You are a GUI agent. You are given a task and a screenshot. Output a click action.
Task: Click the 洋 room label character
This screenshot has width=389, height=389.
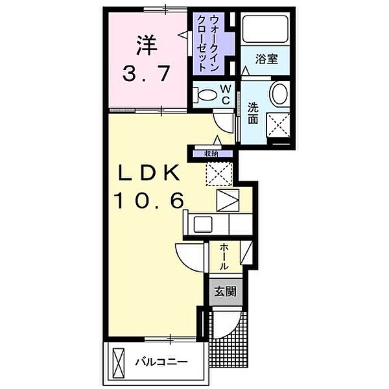tap(147, 45)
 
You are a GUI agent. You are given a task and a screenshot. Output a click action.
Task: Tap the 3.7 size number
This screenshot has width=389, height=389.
tap(147, 74)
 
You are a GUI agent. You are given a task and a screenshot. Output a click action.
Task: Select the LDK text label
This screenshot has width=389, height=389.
tap(149, 173)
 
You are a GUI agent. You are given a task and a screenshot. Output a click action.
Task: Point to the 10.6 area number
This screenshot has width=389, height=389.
tap(149, 200)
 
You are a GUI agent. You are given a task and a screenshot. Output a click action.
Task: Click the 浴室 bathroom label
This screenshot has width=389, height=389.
tap(266, 60)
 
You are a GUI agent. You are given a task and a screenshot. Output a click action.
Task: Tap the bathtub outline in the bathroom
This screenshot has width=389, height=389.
tap(265, 29)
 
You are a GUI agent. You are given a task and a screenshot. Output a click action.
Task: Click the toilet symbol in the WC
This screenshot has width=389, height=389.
tap(205, 95)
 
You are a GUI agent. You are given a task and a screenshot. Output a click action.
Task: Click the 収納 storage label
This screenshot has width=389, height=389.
tap(211, 154)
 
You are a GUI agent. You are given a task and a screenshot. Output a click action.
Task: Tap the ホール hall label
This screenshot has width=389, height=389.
tap(224, 257)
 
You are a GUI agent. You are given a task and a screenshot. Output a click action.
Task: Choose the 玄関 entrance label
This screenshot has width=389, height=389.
tap(225, 292)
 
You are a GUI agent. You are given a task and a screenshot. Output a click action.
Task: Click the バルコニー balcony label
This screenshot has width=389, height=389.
tap(161, 362)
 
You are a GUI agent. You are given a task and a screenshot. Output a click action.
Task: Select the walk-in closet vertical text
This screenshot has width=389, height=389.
tap(209, 43)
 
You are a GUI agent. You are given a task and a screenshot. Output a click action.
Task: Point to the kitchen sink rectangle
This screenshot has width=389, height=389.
tap(203, 224)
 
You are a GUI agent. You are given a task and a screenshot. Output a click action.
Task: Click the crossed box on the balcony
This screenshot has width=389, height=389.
tap(119, 362)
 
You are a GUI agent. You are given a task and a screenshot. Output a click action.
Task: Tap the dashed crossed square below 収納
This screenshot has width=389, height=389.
tap(219, 174)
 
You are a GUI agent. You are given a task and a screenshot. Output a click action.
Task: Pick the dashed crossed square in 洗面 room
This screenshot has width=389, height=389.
tap(278, 124)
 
